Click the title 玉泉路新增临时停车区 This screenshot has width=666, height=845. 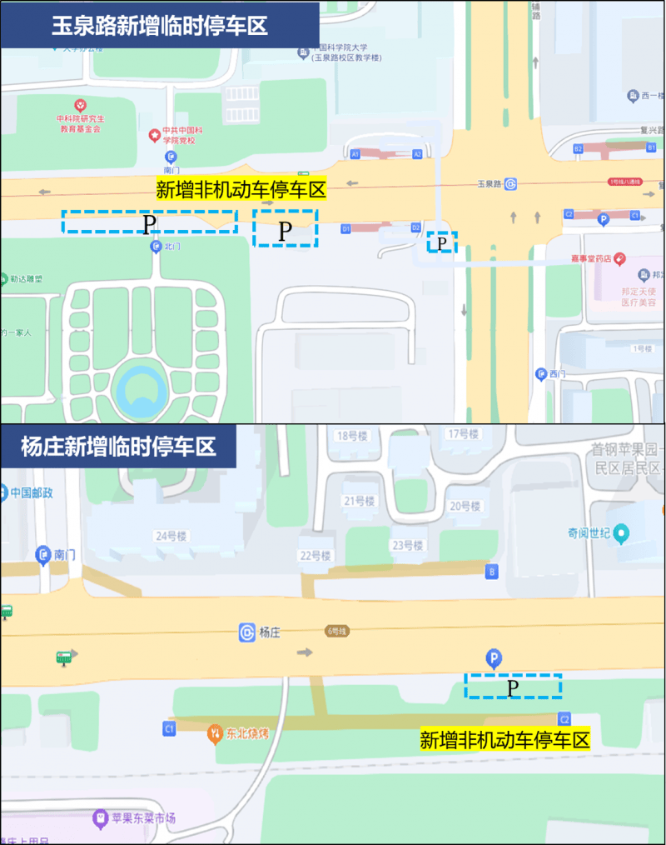coord(160,25)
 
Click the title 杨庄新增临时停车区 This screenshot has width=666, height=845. coord(118,446)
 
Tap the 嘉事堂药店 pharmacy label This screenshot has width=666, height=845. coord(592,259)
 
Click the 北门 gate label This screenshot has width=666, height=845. coord(172,247)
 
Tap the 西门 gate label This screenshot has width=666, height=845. coord(557,373)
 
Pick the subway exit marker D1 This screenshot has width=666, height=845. coord(345,227)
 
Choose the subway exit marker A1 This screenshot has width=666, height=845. coord(355,154)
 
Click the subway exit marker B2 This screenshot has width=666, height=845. coord(578,148)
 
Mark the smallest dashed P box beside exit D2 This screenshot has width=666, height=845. coord(443,242)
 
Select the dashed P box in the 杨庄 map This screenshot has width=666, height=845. coord(513,686)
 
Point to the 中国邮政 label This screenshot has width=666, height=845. coord(32,492)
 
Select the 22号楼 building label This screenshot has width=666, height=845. coord(316,556)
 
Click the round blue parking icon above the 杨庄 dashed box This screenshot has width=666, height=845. coord(494,659)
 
